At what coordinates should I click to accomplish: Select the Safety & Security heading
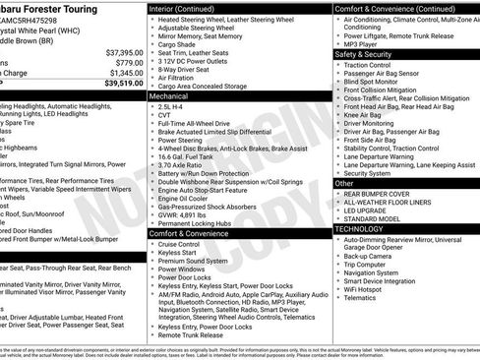coord(363,54)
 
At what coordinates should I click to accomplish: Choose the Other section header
coord(344,183)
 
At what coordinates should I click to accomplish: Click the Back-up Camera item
coord(370,255)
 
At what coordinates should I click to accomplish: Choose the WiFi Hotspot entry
coord(367,290)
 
